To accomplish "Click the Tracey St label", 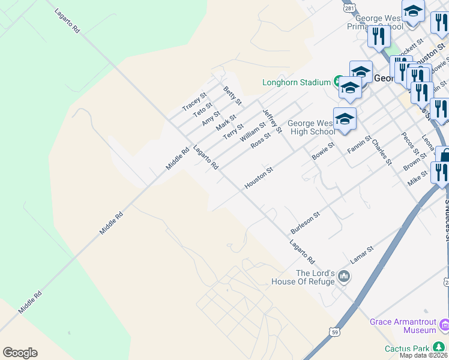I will [x=194, y=101].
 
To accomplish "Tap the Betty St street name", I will [x=232, y=96].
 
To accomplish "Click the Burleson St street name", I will [x=306, y=222].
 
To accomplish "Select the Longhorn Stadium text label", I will [x=297, y=82].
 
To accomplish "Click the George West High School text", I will [x=312, y=127].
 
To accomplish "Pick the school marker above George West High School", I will [x=345, y=119].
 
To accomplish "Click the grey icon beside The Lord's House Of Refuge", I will [x=344, y=277].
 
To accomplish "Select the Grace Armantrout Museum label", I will [x=403, y=326].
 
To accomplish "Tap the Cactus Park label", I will [x=408, y=349].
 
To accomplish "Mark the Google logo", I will [x=20, y=353].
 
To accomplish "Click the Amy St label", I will [x=211, y=118].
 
